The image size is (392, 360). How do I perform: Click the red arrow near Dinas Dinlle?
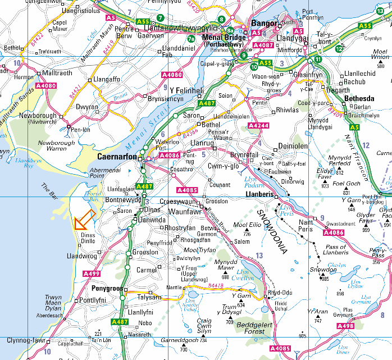(83, 220)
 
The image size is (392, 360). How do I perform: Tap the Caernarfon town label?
(117, 157)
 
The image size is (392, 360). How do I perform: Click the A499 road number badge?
(91, 274)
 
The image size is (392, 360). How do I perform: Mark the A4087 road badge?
(263, 45)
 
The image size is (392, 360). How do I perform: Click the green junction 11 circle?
(318, 60)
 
